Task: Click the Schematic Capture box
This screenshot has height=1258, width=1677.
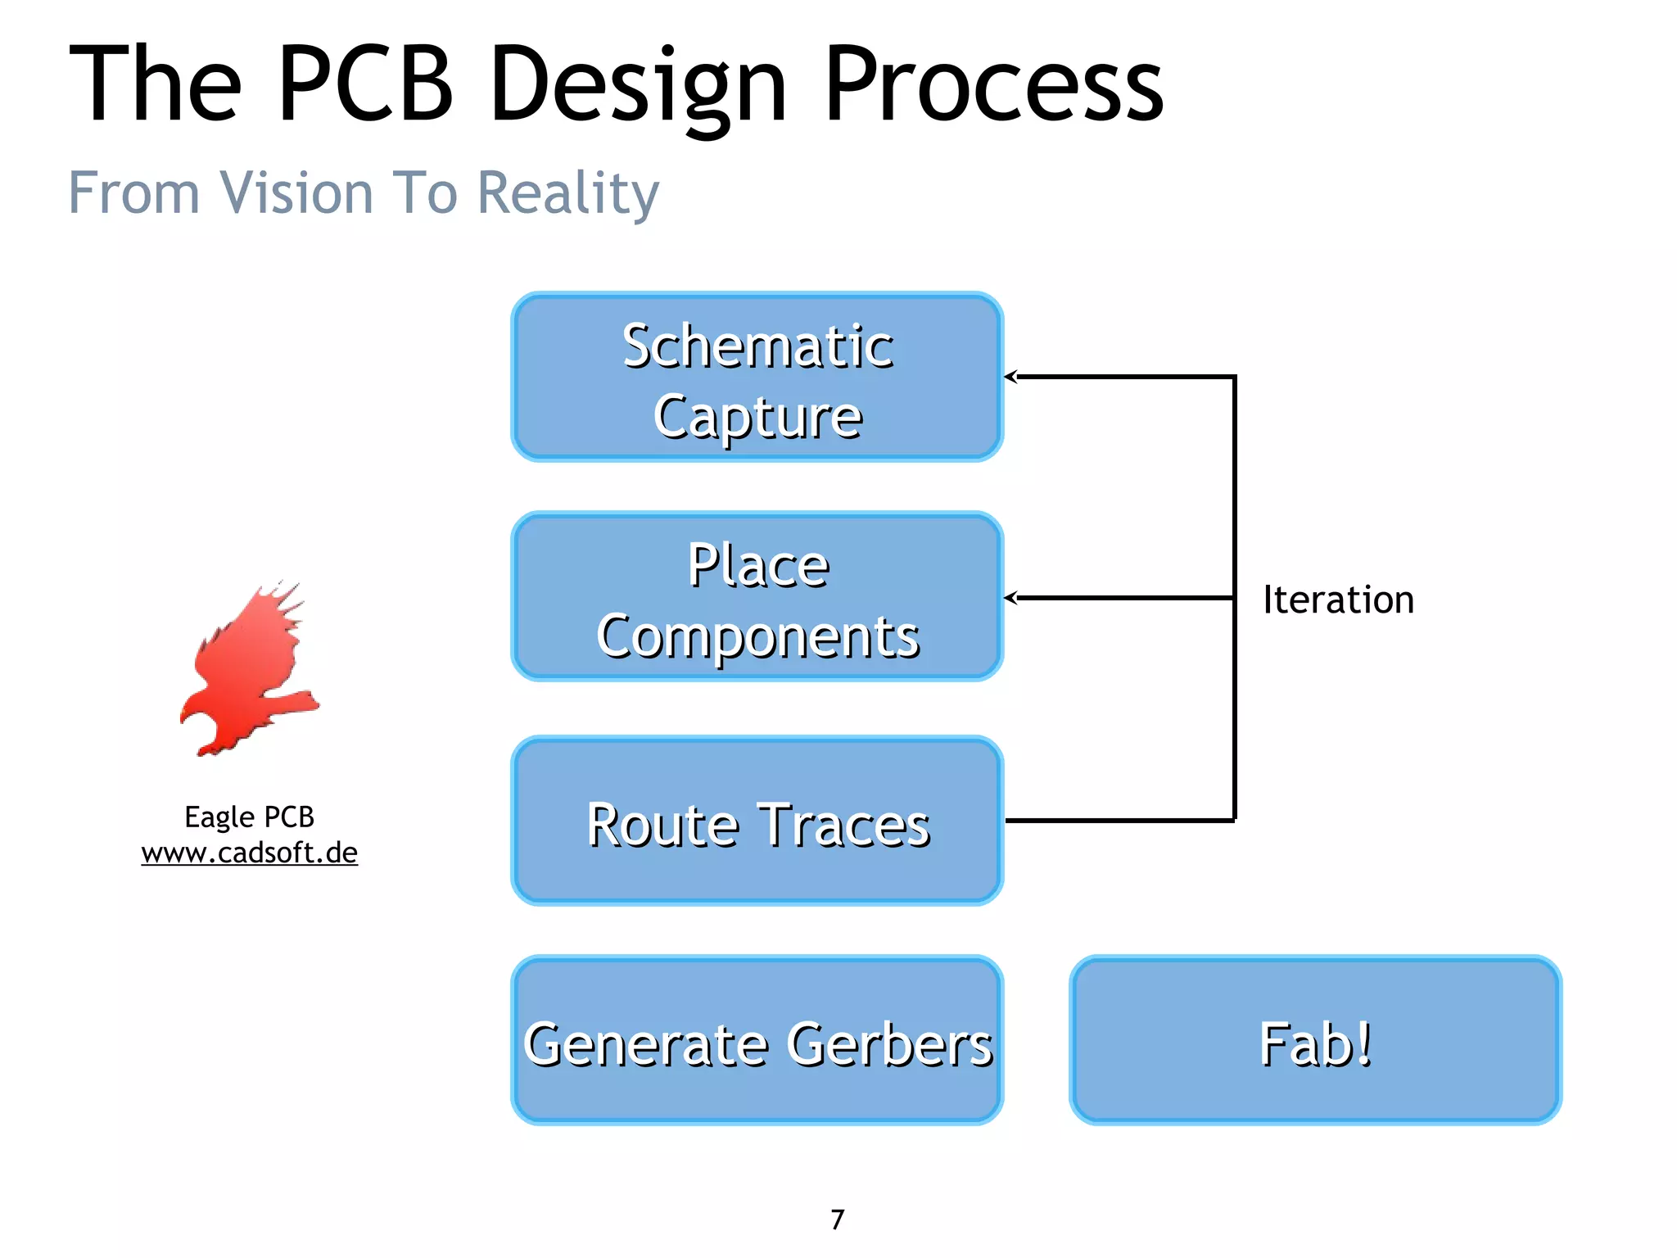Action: [x=757, y=377]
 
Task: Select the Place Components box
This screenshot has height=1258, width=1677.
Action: [x=757, y=596]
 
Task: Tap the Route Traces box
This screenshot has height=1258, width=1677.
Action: [x=757, y=821]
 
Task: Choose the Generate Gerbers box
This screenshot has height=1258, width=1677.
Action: [x=757, y=1040]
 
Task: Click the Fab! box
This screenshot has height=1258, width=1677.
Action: [x=1315, y=1040]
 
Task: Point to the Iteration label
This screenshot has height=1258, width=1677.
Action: [x=1338, y=600]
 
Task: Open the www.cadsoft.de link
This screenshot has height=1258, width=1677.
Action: [x=249, y=853]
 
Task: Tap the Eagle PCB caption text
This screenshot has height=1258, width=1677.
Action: [x=249, y=817]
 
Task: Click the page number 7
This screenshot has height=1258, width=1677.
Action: [x=837, y=1220]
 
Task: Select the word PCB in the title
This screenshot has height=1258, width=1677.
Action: [x=365, y=84]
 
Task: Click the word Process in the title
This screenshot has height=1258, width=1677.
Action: [x=992, y=84]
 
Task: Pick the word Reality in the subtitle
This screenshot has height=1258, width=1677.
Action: [x=567, y=193]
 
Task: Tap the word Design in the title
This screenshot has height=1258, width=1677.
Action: [x=639, y=84]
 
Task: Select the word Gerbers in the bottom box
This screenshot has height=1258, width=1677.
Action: [x=890, y=1044]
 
